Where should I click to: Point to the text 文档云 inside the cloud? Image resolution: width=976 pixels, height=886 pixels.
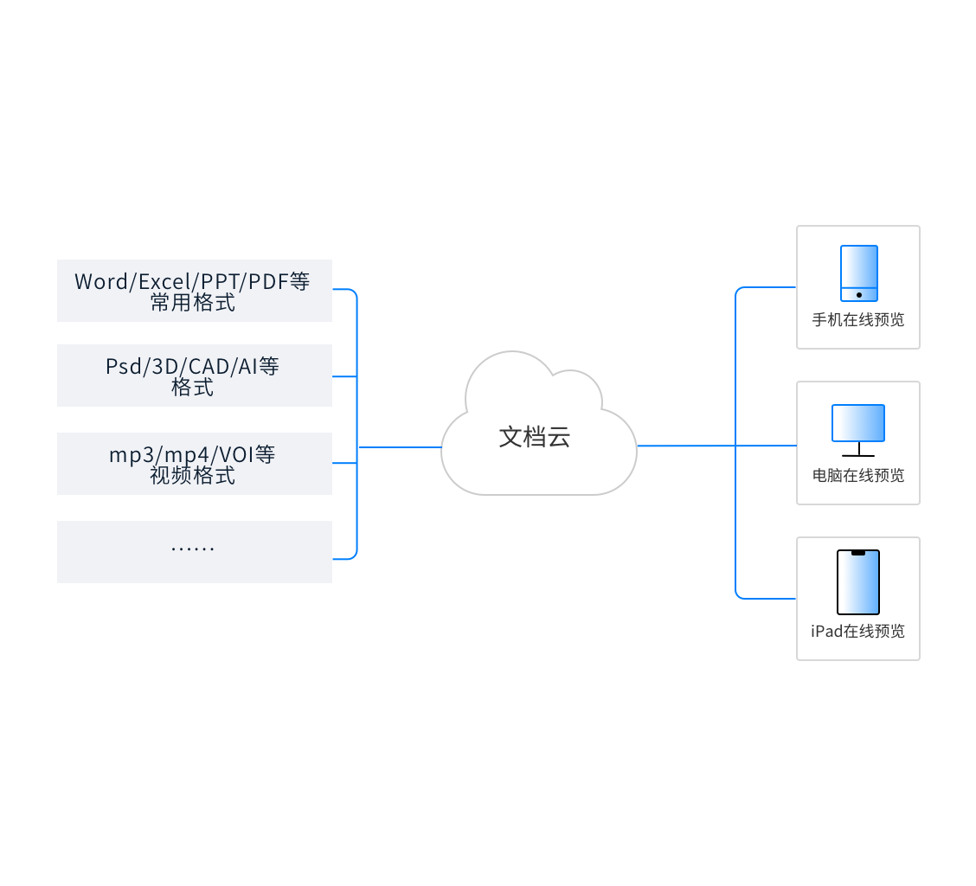point(535,437)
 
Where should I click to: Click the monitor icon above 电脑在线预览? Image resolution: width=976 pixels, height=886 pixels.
point(858,423)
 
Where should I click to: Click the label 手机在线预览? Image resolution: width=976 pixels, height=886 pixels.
point(858,320)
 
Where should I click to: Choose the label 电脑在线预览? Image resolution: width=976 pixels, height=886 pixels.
point(858,475)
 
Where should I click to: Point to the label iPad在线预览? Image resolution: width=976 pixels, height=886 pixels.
point(858,631)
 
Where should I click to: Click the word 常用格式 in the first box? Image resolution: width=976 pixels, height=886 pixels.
point(192,303)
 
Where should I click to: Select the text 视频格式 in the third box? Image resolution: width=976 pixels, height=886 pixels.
point(192,476)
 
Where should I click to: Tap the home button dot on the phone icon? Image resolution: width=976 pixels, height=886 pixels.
point(858,295)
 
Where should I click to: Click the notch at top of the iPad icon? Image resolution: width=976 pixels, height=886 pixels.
point(858,553)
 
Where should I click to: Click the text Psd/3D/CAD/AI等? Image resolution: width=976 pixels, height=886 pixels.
point(192,366)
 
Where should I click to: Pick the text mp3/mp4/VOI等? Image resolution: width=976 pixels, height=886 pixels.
point(192,454)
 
